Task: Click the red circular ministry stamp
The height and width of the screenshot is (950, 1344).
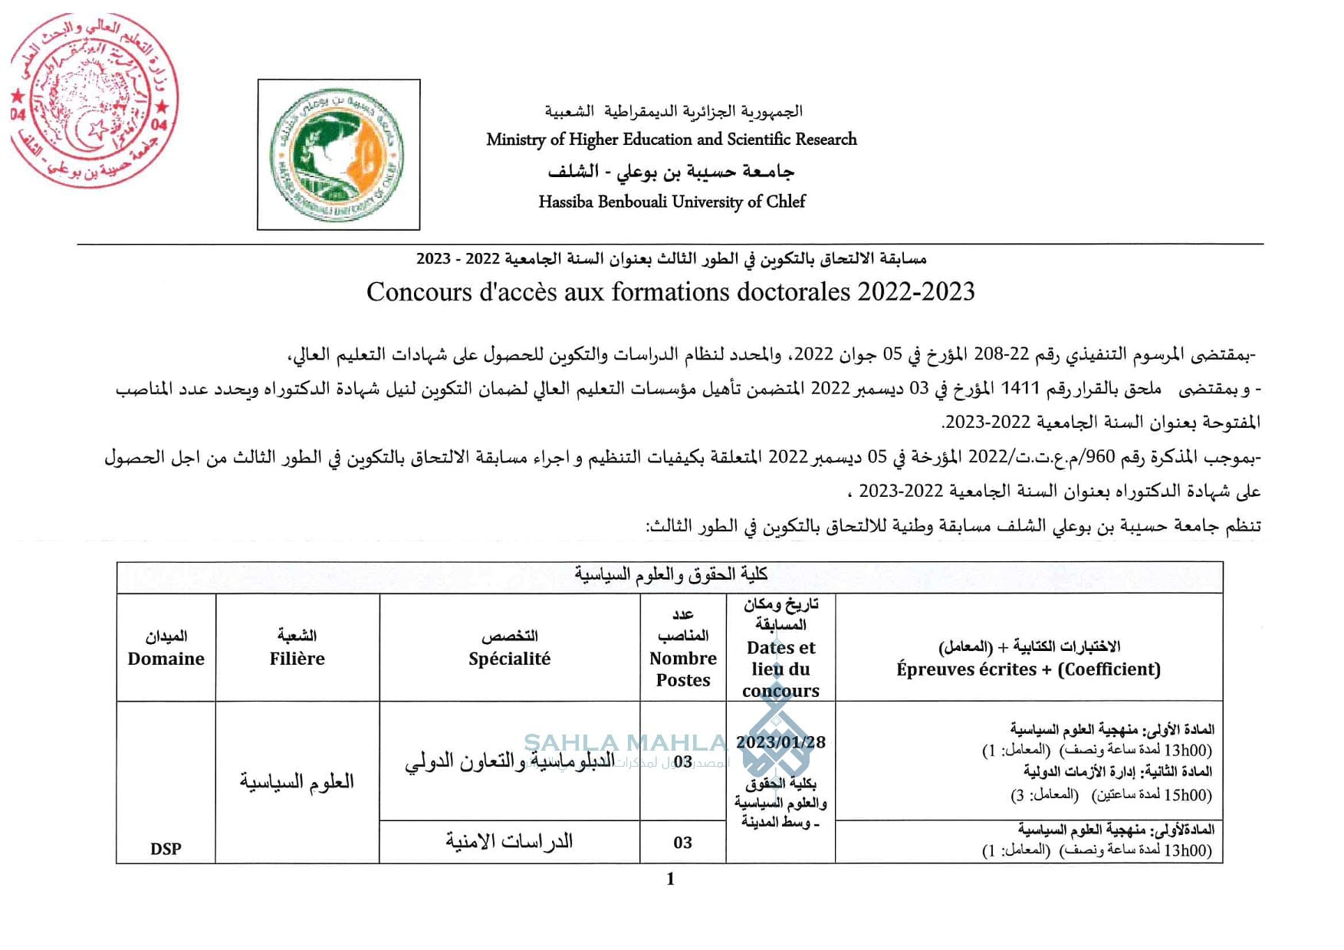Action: click(94, 100)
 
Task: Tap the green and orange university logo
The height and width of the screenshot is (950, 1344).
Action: click(338, 155)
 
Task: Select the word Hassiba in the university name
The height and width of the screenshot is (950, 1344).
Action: click(566, 202)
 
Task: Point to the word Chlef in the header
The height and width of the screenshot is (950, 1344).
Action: click(786, 202)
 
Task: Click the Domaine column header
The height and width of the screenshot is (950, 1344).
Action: click(166, 659)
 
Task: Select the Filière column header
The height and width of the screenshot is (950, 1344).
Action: click(297, 659)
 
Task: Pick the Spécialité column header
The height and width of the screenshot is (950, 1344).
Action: click(509, 659)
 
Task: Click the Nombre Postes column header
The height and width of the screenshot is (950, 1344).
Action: click(682, 669)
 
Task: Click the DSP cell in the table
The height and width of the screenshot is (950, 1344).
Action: click(166, 849)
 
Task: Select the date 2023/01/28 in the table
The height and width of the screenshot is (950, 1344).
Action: click(780, 742)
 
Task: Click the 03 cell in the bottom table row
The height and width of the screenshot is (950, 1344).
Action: click(682, 843)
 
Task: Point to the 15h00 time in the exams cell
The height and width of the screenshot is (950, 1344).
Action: click(1188, 795)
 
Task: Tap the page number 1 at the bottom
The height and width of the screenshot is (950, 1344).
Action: click(671, 879)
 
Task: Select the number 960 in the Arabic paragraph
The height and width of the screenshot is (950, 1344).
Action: click(1099, 458)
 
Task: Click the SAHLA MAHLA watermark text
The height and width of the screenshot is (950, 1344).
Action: click(625, 742)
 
